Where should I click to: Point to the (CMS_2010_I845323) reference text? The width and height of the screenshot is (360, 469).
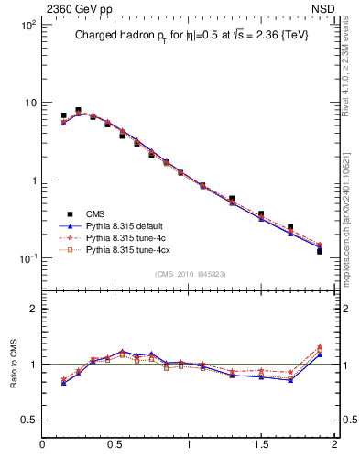(190, 274)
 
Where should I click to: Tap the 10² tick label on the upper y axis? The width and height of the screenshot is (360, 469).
(27, 25)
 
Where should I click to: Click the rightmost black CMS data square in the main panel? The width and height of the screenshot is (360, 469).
(320, 250)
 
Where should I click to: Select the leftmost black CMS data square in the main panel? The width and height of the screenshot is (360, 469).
(63, 116)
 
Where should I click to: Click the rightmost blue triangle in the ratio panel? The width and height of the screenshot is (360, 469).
(320, 354)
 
